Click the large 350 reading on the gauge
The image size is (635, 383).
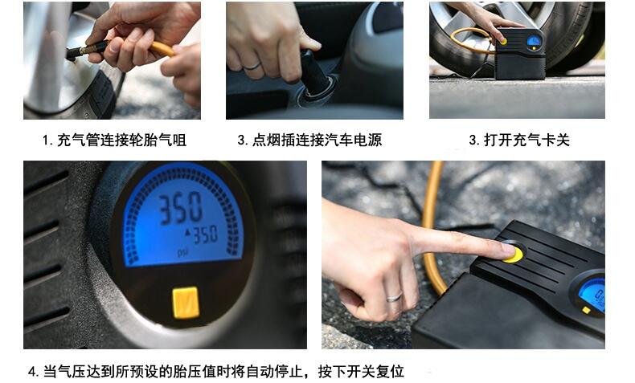click(180, 207)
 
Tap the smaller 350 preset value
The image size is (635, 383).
click(205, 235)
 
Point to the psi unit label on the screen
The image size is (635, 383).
click(183, 253)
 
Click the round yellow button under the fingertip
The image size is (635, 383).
click(514, 255)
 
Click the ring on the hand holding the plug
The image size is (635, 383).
click(252, 66)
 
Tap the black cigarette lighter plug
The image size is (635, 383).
click(314, 73)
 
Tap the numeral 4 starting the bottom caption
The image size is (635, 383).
click(32, 371)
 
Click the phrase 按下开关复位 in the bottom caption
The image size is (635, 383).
click(361, 371)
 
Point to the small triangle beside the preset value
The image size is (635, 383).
click(188, 233)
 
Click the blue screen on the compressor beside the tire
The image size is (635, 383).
click(534, 40)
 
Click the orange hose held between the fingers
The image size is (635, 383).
click(162, 48)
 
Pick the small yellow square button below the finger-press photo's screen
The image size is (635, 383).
click(586, 310)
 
